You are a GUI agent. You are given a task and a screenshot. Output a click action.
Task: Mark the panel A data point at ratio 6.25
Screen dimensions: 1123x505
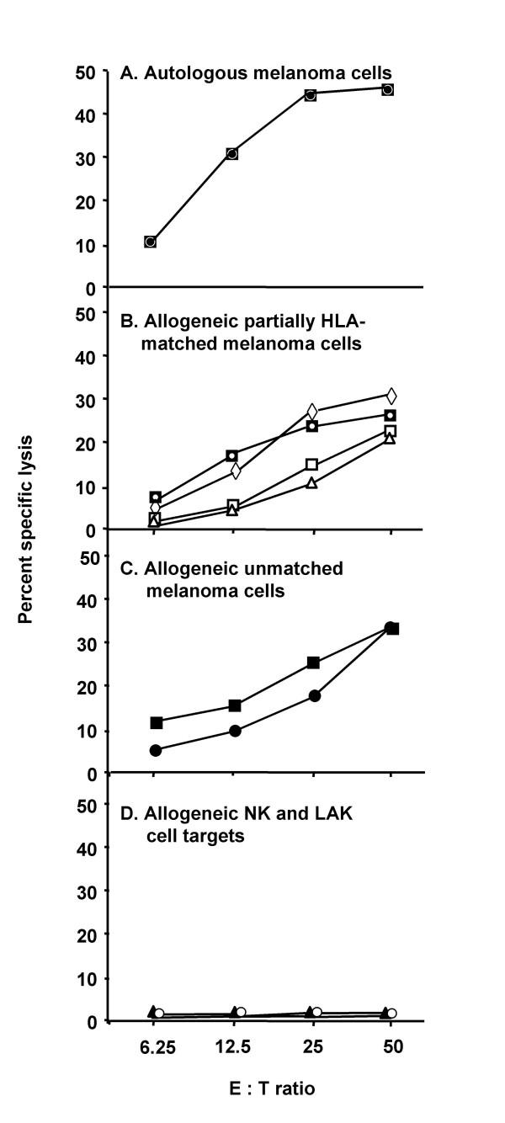coord(150,242)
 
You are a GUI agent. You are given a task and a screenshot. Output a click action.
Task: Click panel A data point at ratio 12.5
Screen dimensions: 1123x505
coord(231,153)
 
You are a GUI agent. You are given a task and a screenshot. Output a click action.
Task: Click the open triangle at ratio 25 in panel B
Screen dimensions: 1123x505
coord(311,483)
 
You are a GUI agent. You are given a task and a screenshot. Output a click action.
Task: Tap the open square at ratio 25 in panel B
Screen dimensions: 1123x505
coord(311,465)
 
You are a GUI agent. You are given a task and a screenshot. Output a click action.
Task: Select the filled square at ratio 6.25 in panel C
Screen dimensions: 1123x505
coord(156,722)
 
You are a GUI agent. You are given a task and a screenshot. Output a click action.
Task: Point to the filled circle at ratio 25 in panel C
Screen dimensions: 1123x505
coord(314,695)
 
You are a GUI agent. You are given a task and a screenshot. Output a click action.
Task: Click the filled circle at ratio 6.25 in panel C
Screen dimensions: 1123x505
coord(156,750)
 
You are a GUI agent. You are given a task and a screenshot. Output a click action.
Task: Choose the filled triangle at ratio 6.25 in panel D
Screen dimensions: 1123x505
coord(153,1010)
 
